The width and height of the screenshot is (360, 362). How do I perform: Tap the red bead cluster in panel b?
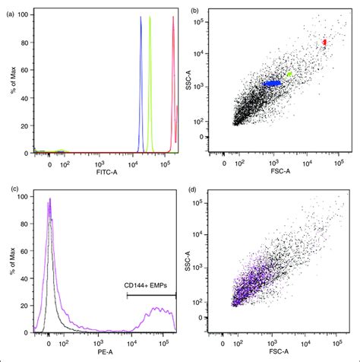click(x=324, y=43)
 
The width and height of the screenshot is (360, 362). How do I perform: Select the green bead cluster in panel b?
click(x=289, y=75)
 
